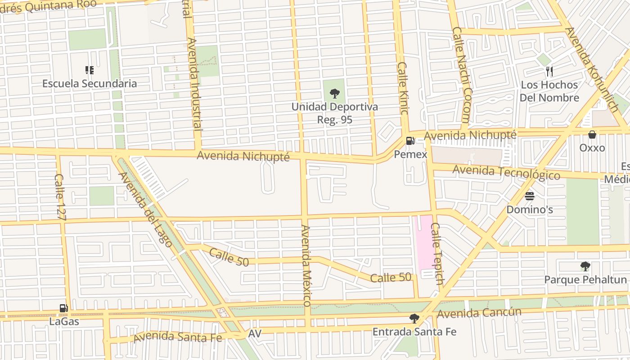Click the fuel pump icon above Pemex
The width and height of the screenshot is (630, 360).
point(409,141)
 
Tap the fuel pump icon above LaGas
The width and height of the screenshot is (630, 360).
point(64,308)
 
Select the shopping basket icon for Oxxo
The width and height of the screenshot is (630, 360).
point(592,135)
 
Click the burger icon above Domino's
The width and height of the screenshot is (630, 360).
point(529,196)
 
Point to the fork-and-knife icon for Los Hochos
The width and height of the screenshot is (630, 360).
point(549,71)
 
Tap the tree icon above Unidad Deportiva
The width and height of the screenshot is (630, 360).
point(334,94)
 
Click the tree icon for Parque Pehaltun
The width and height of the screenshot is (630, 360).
point(585,266)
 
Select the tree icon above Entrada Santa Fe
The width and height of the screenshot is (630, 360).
point(414,319)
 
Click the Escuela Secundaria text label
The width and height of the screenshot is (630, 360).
point(90,84)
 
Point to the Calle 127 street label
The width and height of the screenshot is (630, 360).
point(60,197)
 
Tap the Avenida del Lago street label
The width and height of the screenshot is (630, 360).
point(145,209)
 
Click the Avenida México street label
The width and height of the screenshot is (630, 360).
point(307,265)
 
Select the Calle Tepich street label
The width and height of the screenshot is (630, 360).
point(437,254)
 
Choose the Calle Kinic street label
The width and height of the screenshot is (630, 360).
point(402,94)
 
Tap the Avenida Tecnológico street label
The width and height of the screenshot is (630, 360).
point(506,173)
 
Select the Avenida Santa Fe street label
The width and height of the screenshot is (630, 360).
point(178,337)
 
